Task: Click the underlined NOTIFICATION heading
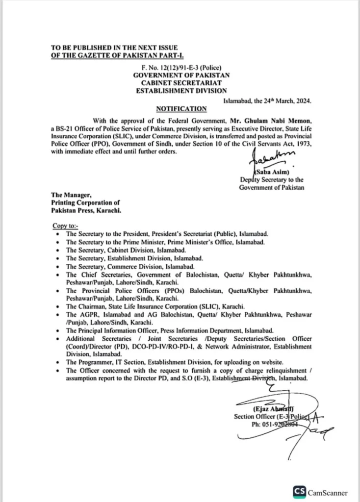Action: pos(181,109)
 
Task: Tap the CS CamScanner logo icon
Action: pos(299,492)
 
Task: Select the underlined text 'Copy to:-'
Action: pos(65,226)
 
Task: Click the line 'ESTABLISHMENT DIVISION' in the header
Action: pos(181,91)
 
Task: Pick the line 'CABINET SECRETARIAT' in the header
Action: pos(181,83)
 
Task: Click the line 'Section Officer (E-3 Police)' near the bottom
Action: pos(270,416)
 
